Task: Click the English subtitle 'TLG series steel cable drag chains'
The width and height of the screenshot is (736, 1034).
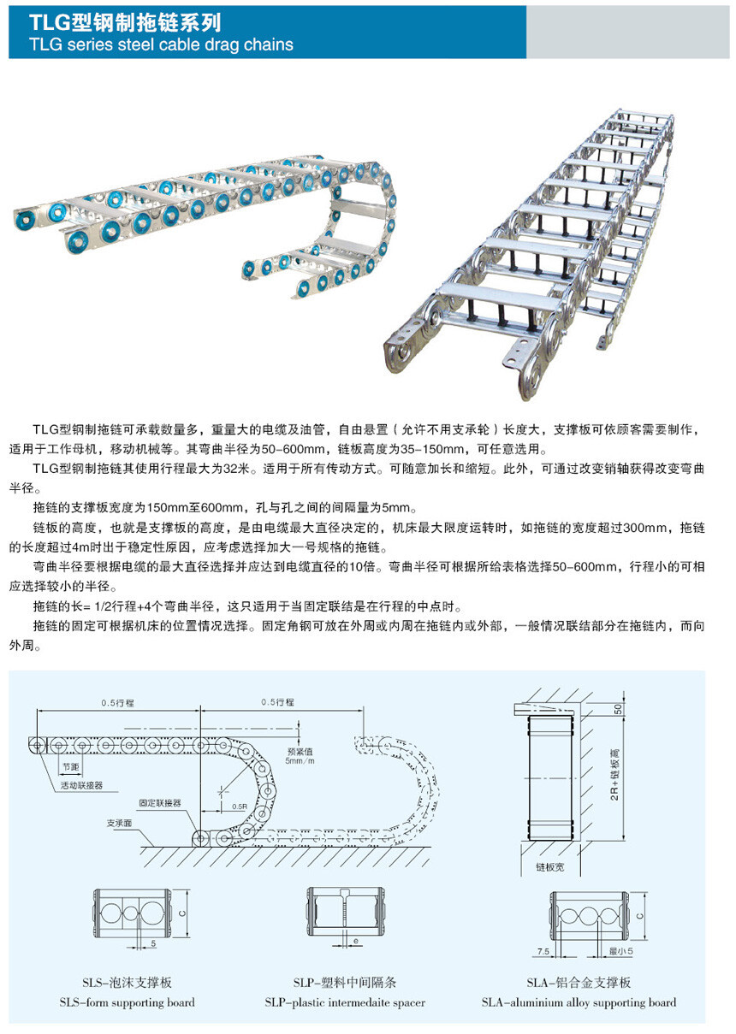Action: pyautogui.click(x=161, y=44)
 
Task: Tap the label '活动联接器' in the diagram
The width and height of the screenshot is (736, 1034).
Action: pyautogui.click(x=81, y=784)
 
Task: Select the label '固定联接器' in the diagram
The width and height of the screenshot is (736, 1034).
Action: pyautogui.click(x=160, y=803)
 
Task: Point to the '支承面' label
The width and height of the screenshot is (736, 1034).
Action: pyautogui.click(x=119, y=823)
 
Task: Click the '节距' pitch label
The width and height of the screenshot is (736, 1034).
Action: pyautogui.click(x=69, y=766)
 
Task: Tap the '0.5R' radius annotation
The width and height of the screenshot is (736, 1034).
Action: pyautogui.click(x=239, y=807)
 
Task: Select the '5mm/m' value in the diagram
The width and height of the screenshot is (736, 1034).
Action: pyautogui.click(x=300, y=760)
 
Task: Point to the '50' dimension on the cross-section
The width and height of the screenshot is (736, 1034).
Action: pyautogui.click(x=618, y=709)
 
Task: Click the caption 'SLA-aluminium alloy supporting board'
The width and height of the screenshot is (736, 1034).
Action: pyautogui.click(x=579, y=1002)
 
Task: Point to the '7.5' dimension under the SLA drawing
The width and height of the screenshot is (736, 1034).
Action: pyautogui.click(x=543, y=950)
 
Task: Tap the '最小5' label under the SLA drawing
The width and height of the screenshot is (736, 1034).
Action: pyautogui.click(x=619, y=950)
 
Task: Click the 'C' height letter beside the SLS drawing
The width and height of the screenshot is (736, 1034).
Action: pyautogui.click(x=184, y=913)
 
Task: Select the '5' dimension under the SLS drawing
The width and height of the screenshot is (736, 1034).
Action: pyautogui.click(x=152, y=942)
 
